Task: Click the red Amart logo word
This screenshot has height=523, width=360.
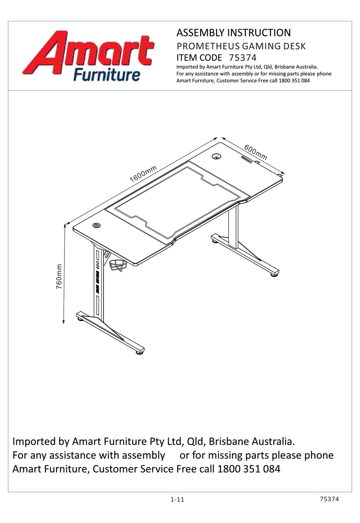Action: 89,53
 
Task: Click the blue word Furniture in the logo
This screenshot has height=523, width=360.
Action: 106,74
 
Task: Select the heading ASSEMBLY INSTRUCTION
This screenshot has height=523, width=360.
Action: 233,33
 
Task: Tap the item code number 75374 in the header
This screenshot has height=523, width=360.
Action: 243,58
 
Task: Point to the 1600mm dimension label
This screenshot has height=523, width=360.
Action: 143,174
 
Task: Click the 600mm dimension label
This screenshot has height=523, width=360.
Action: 255,152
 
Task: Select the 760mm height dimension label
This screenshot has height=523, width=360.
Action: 59,277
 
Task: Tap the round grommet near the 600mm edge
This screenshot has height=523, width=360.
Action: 216,156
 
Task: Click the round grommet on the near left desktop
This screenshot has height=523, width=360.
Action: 97,225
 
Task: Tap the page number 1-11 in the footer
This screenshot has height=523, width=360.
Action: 177,499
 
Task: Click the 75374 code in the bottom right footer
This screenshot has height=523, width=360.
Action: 329,499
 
